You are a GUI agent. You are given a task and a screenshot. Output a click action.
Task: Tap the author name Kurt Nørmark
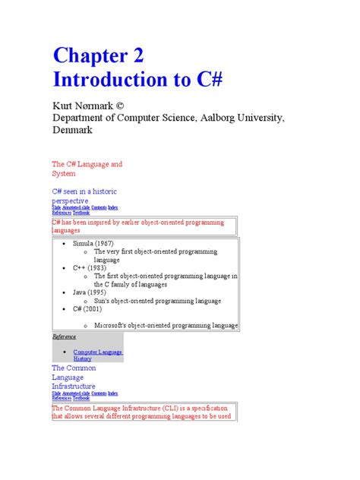point(81,106)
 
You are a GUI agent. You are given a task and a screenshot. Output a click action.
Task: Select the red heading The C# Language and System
point(87,169)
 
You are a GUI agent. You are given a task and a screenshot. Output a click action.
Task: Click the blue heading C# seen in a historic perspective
point(84,195)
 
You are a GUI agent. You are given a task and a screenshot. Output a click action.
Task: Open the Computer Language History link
point(97,355)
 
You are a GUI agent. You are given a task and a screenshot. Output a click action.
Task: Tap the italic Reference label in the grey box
point(64,336)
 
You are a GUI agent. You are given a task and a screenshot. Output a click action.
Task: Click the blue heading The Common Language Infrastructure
point(74,377)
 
